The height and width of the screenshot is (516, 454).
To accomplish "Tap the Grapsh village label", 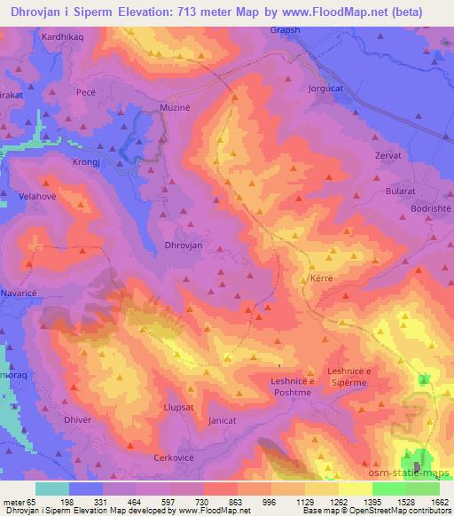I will pos(286,29).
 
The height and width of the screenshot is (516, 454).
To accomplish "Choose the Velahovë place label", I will pos(36,197).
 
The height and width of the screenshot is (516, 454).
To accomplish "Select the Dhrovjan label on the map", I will pos(184,245).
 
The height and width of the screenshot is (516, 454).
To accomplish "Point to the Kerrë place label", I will pos(321,278).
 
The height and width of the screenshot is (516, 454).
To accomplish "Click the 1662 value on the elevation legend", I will pos(439,502).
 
